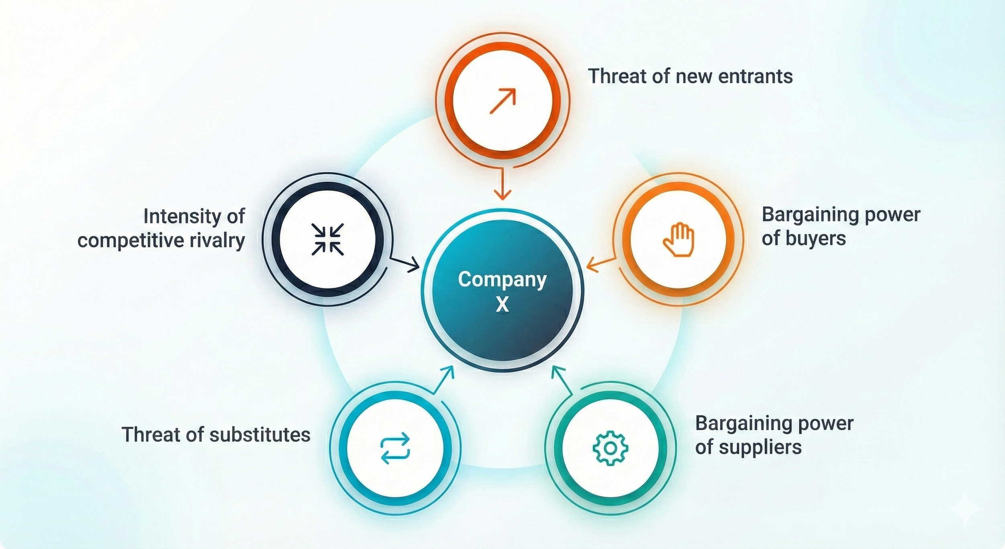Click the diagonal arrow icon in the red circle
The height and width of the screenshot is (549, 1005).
502,101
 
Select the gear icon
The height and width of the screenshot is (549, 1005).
610,448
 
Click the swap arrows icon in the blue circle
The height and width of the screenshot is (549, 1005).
395,448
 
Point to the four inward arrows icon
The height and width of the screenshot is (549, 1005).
328,239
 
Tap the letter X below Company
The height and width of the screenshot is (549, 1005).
502,304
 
